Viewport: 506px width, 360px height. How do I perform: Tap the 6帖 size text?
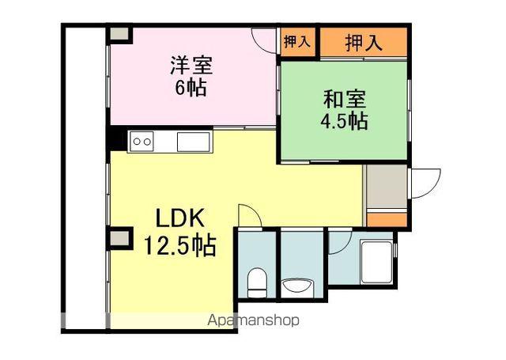click(191, 88)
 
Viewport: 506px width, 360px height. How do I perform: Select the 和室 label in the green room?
click(345, 100)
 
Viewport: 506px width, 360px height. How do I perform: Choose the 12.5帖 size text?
click(180, 244)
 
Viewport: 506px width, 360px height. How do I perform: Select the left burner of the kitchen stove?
click(136, 142)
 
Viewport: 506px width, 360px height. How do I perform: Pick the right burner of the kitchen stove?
click(147, 142)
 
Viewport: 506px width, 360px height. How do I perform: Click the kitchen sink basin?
click(192, 142)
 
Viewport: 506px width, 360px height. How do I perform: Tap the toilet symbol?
click(256, 281)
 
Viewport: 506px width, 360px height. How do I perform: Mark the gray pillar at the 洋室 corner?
click(119, 34)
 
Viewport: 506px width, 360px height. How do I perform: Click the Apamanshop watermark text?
click(252, 321)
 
